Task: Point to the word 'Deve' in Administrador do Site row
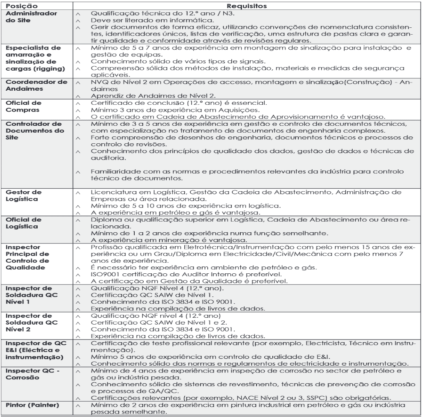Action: point(100,20)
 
